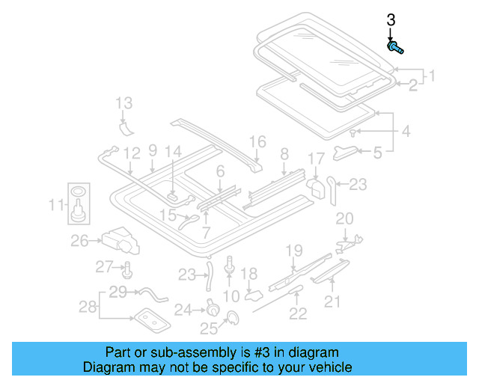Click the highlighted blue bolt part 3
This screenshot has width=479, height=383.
point(395,49)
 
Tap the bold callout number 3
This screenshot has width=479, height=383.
point(390,21)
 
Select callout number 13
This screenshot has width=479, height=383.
point(123,102)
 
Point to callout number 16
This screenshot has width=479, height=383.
point(257,141)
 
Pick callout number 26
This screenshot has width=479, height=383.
point(79,240)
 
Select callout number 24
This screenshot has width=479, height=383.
point(183,309)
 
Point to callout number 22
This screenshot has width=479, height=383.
point(298,313)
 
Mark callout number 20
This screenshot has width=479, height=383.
point(344,218)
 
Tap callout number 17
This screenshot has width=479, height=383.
point(317,159)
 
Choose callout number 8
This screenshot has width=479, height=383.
point(284,154)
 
